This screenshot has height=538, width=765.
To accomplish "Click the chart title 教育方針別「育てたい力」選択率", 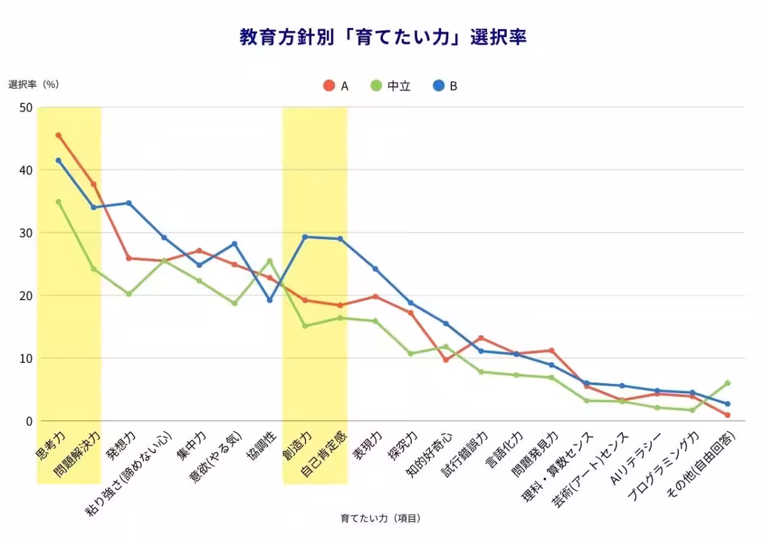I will click(382, 37).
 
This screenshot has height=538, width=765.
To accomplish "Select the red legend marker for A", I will click(329, 85).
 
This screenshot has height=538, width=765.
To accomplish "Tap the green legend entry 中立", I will click(391, 85).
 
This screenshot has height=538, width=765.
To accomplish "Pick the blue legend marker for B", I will click(439, 85).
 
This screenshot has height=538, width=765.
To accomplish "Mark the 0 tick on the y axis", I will click(28, 421).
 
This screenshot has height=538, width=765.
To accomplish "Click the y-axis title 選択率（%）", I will click(38, 84).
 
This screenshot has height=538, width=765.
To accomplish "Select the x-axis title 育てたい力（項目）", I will click(381, 518).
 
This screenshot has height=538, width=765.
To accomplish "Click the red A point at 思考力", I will click(59, 135).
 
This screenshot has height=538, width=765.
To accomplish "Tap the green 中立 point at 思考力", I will click(59, 201).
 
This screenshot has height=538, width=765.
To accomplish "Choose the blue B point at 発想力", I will click(129, 203).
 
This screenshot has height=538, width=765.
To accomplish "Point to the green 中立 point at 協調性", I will click(270, 260).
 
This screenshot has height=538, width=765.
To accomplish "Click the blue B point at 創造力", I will click(305, 236).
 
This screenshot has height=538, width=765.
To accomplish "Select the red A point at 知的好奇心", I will click(446, 360).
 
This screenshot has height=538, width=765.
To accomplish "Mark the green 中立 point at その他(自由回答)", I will click(727, 383).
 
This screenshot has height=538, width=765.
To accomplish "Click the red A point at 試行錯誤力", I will click(481, 338).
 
